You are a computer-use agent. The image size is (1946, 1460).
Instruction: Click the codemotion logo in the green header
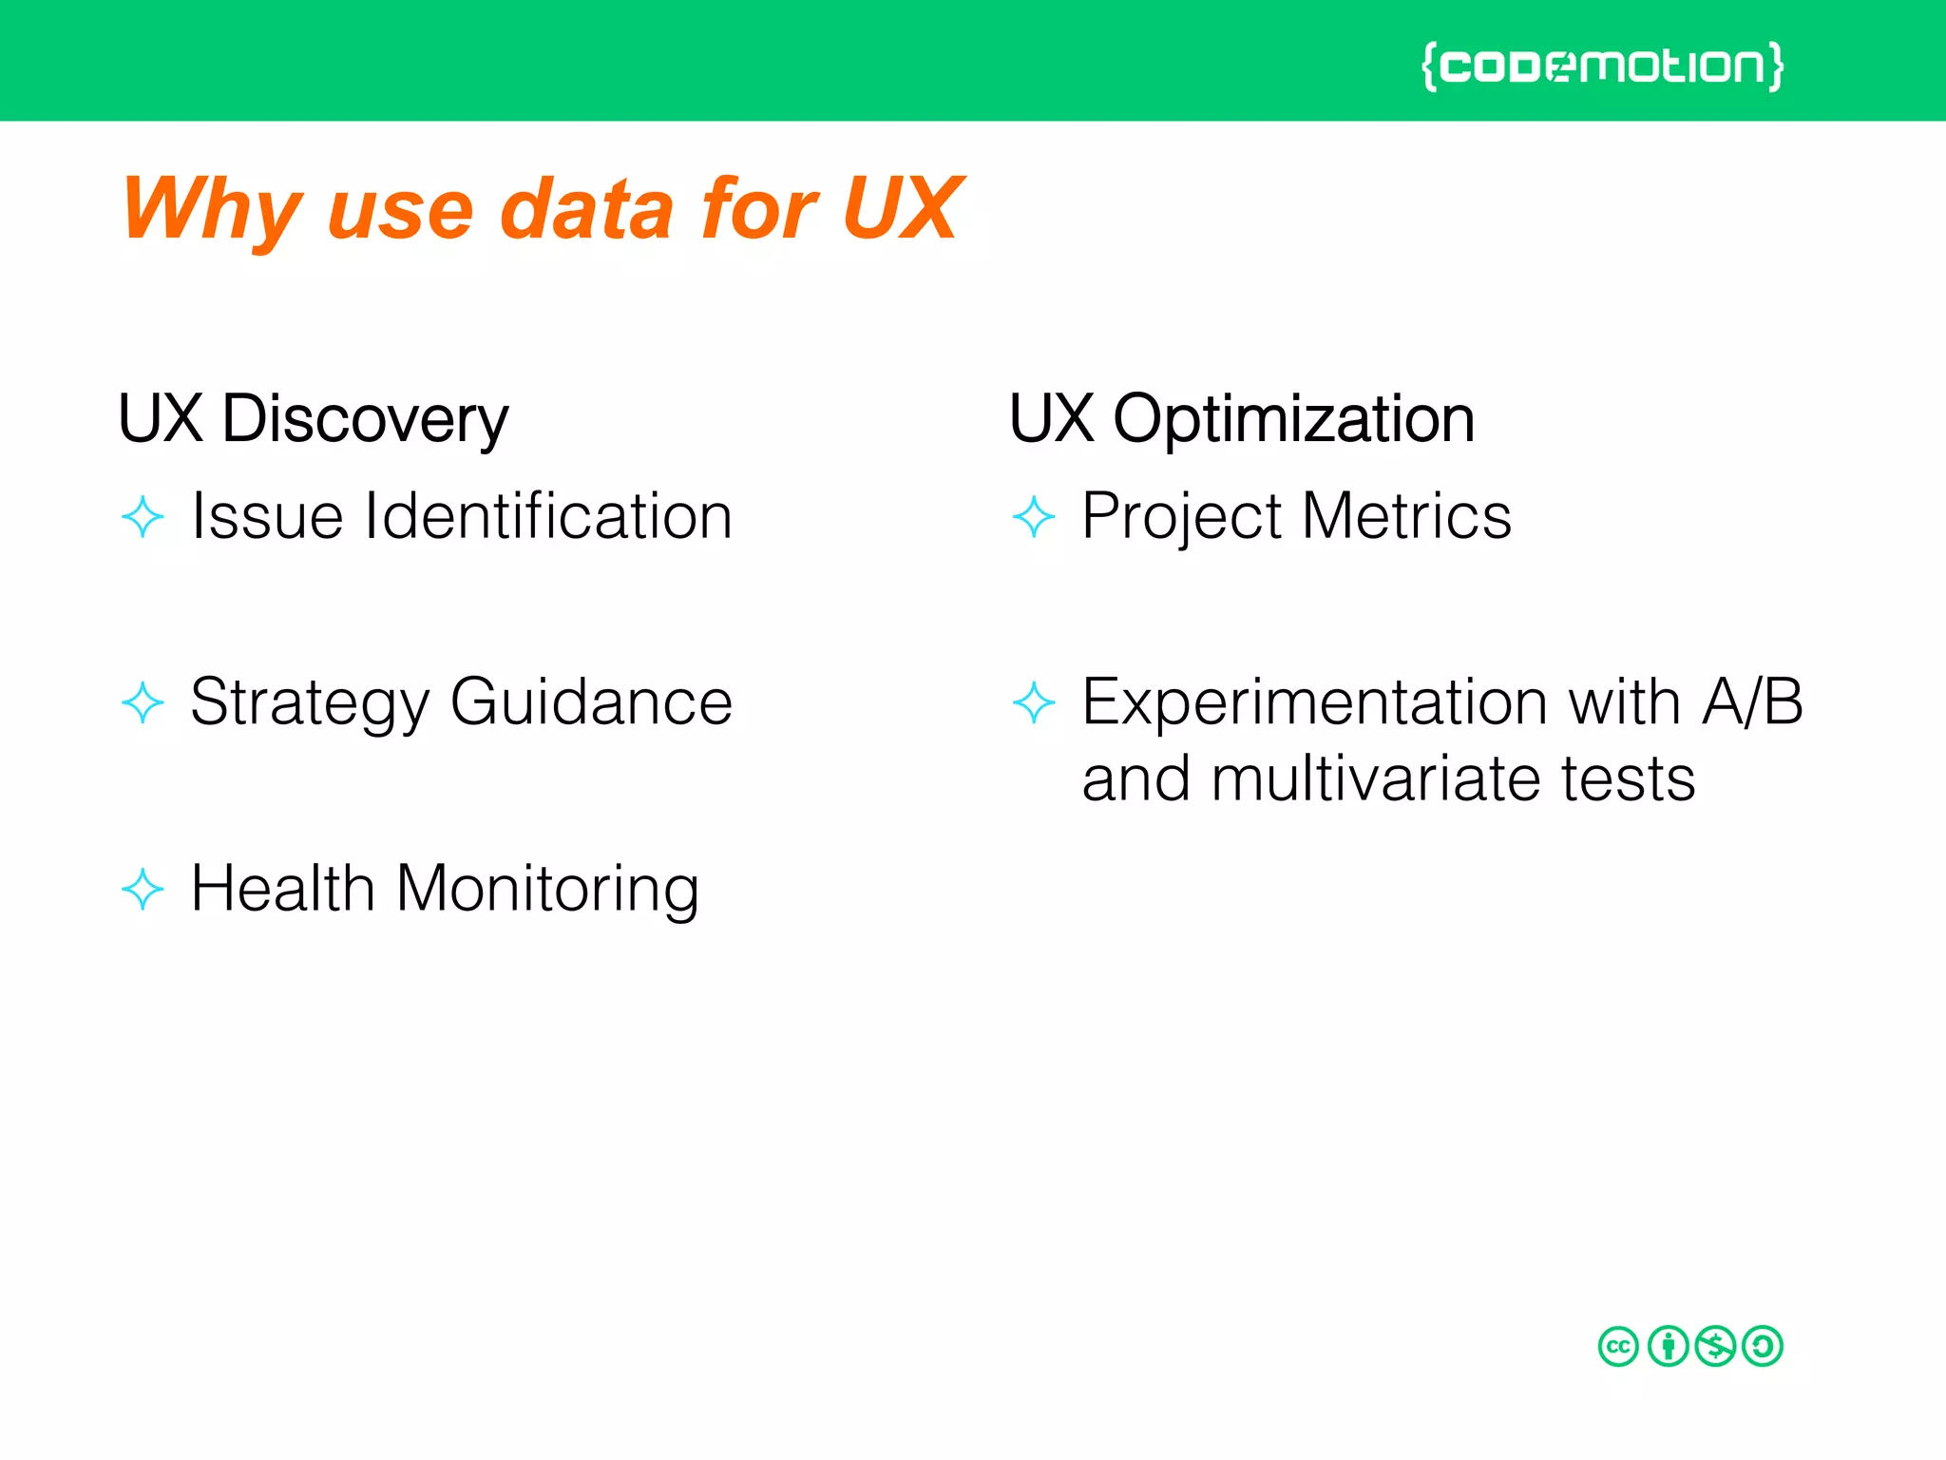[x=1602, y=67]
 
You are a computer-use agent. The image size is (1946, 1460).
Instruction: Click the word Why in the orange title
[x=211, y=211]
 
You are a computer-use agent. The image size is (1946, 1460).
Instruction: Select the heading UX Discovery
[x=313, y=419]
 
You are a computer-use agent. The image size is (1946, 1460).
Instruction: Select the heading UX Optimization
[x=1241, y=419]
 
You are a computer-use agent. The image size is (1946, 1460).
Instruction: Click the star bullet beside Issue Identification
[x=143, y=517]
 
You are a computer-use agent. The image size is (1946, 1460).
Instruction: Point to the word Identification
[x=548, y=516]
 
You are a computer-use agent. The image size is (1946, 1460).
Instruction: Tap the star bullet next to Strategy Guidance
[x=143, y=703]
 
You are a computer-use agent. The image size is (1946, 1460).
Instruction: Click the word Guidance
[x=591, y=702]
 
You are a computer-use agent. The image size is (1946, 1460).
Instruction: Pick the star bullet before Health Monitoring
[x=143, y=890]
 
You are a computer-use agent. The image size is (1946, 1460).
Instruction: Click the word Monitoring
[x=547, y=890]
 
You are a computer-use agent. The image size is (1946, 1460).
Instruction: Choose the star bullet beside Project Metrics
[x=1034, y=517]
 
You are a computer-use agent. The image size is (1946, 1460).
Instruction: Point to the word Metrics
[x=1406, y=516]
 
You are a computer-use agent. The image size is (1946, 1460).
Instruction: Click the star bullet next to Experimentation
[x=1034, y=703]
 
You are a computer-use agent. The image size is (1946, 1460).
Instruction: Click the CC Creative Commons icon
[x=1618, y=1347]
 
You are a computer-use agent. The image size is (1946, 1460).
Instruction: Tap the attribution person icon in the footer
[x=1668, y=1347]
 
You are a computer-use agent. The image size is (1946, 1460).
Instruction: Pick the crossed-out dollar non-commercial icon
[x=1715, y=1347]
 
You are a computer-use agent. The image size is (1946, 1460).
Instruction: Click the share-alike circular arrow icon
[x=1764, y=1347]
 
